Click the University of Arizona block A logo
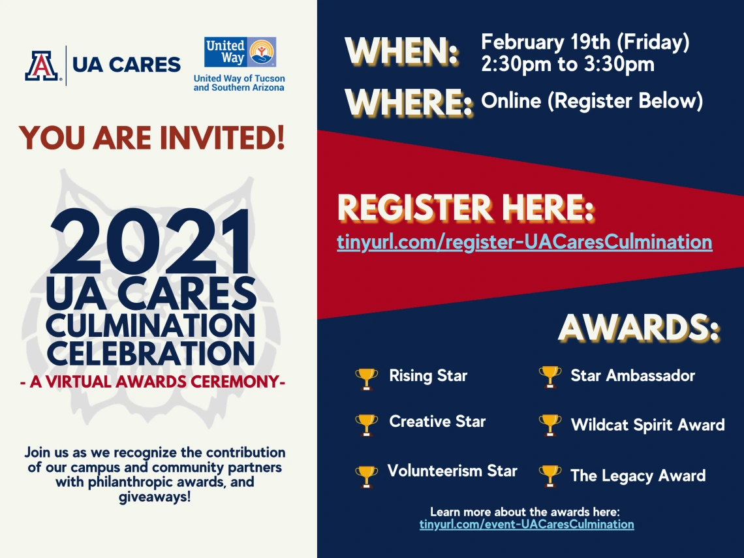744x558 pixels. (x=42, y=65)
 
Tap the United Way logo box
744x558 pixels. (x=240, y=52)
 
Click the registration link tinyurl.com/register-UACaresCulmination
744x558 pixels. (x=524, y=242)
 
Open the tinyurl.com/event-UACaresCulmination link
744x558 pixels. (x=527, y=524)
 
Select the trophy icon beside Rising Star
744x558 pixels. (x=366, y=379)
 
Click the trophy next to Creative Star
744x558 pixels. (x=366, y=425)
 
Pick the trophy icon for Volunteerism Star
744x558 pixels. (x=366, y=476)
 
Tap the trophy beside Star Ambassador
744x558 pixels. (x=550, y=377)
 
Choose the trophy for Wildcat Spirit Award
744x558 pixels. (x=550, y=425)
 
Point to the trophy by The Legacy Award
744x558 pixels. (x=550, y=476)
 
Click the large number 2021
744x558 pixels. (x=151, y=242)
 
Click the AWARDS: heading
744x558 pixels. (x=639, y=328)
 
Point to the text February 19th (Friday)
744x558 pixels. (x=585, y=42)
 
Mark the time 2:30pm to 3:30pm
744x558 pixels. (x=568, y=65)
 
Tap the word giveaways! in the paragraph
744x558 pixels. (x=155, y=497)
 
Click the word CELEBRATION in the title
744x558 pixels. (x=151, y=353)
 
